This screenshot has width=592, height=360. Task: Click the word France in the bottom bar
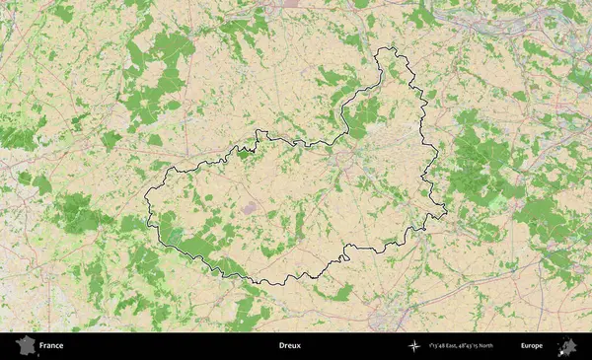point(51,346)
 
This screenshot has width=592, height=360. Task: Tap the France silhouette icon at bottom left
point(25,346)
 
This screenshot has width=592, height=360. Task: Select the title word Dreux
point(289,346)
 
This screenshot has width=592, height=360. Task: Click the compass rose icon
point(412,346)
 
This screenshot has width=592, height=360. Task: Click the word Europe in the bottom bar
point(532,346)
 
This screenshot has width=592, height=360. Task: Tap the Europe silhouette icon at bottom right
point(566,346)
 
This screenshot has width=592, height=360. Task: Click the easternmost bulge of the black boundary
point(445,208)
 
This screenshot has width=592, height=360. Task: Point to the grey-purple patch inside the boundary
point(248,208)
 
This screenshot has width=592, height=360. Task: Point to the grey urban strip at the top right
point(493,22)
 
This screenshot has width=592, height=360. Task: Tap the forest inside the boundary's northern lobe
point(365,113)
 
